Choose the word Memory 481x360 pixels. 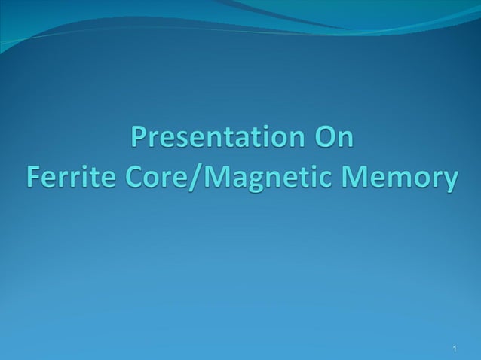tap(399, 178)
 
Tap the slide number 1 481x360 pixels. tap(456, 348)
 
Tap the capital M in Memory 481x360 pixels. tap(357, 178)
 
